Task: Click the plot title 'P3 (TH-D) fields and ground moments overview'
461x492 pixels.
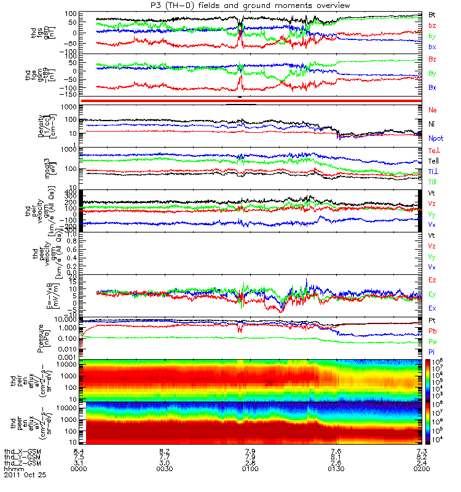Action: [x=250, y=5]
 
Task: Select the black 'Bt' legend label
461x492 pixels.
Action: [x=433, y=14]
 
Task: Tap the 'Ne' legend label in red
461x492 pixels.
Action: [x=433, y=109]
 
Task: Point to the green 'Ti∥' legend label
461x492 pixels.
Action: [x=433, y=182]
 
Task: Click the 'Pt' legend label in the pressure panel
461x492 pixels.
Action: [x=433, y=321]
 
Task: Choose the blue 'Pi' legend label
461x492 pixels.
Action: [x=433, y=351]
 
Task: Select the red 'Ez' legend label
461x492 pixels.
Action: [x=433, y=280]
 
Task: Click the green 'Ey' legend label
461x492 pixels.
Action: [x=433, y=294]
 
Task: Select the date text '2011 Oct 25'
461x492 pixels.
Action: [x=25, y=475]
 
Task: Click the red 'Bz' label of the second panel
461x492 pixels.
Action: [x=433, y=58]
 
